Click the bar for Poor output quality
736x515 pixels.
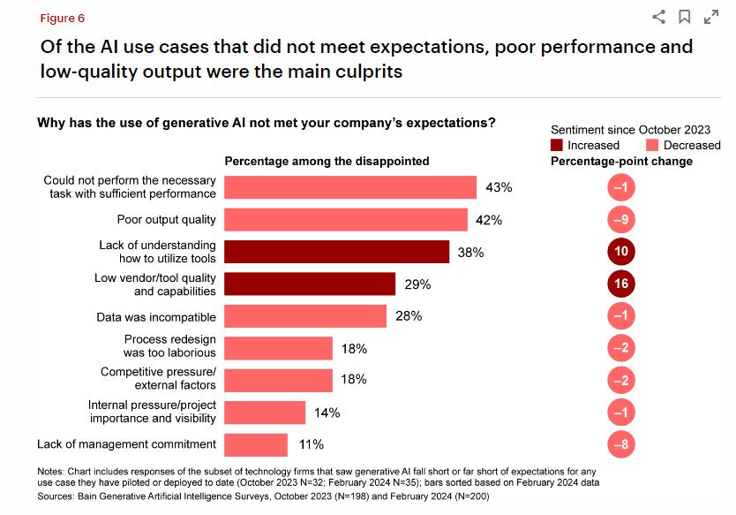coord(346,220)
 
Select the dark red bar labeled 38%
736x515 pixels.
coord(336,252)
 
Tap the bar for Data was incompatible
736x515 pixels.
coord(305,316)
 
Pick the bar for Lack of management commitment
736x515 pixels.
coord(256,444)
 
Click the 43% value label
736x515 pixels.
coord(499,187)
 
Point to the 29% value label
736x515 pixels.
coord(418,284)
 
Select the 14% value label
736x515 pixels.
coord(327,413)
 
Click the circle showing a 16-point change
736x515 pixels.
coord(621,284)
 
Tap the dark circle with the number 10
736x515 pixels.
coord(621,252)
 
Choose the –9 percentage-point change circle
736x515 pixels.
coord(621,220)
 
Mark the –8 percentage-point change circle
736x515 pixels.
coord(621,444)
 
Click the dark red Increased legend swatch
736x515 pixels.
coord(557,145)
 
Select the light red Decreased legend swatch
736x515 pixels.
coord(652,145)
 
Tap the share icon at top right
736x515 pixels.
coord(658,17)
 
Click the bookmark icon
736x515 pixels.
coord(684,17)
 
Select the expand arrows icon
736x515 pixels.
coord(710,17)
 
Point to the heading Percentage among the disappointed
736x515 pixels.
coord(327,161)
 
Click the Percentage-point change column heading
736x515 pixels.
coord(621,161)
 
